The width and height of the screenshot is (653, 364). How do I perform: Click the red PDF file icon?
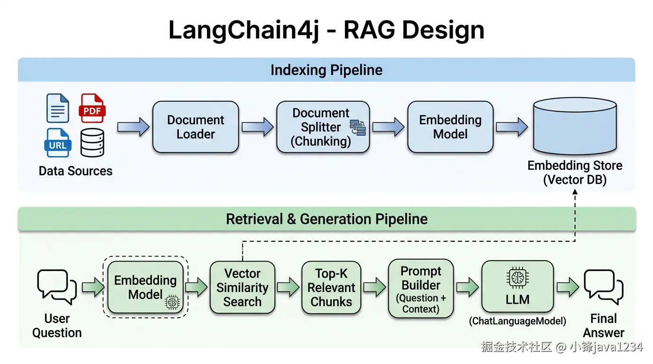92,108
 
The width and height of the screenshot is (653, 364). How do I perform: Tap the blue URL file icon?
58,143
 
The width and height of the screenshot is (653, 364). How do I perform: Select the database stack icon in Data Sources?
92,143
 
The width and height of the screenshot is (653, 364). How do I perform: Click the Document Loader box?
196,127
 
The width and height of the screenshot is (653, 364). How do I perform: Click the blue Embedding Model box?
450,127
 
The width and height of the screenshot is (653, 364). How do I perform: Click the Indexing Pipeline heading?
326,70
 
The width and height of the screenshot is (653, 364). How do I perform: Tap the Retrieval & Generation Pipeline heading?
326,219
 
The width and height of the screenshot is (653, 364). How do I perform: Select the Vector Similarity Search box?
242,288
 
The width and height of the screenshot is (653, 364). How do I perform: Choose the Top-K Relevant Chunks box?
331,288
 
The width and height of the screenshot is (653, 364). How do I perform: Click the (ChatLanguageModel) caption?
517,321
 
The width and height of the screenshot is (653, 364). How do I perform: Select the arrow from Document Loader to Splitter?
258,127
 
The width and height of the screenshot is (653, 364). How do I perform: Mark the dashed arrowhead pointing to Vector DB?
575,192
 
